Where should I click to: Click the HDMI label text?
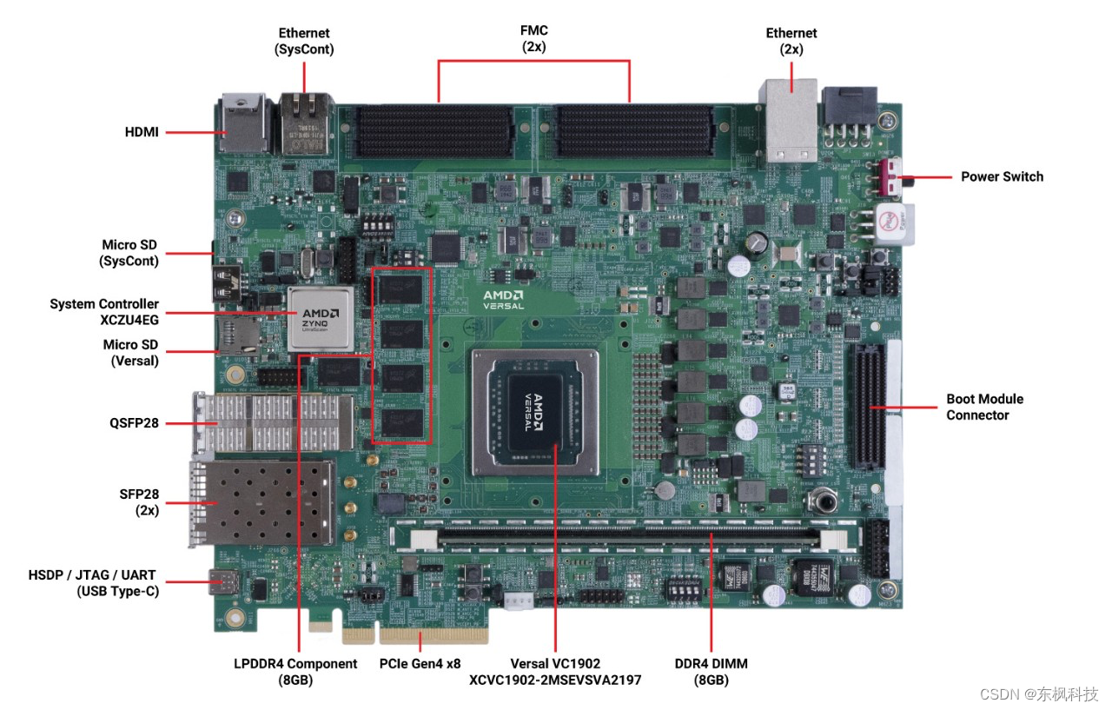pos(142,133)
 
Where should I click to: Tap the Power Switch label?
pos(1002,176)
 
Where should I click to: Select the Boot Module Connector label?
pos(984,407)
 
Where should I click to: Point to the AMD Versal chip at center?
pos(535,412)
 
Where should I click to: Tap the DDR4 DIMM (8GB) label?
pos(711,671)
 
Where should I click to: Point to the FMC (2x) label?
pos(533,39)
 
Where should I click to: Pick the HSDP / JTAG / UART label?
pos(93,583)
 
